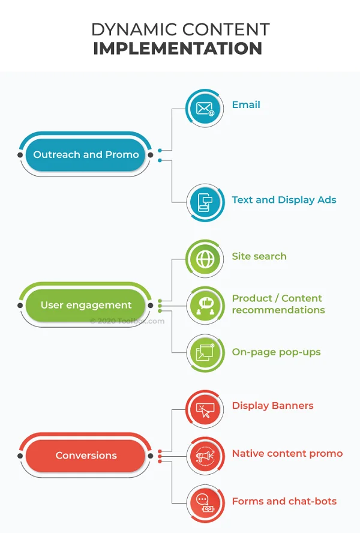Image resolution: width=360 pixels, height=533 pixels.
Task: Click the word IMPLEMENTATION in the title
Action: point(178,48)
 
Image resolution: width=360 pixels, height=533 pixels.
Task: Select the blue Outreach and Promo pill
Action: point(86,155)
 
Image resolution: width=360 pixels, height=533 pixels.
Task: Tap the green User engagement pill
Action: point(86,306)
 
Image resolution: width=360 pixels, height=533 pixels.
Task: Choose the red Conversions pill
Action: point(86,456)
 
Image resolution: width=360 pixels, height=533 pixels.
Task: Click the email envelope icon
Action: point(205,109)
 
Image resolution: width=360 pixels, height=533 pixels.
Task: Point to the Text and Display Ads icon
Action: point(205,202)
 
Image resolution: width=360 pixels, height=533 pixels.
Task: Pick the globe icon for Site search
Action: point(205,259)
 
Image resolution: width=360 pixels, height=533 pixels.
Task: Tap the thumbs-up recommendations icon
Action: point(205,306)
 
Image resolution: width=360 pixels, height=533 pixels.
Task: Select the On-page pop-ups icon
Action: point(205,353)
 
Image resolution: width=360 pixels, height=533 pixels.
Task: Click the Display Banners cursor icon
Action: point(205,409)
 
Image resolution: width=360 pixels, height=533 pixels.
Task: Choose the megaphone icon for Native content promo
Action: point(205,456)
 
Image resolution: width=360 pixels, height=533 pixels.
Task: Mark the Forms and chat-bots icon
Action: point(205,503)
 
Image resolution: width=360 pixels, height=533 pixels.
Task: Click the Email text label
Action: point(246,104)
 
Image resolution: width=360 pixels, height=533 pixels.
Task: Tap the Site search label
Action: point(259,256)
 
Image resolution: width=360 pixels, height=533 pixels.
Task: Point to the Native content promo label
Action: point(287,454)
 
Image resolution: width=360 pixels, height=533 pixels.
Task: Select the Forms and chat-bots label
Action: point(284,501)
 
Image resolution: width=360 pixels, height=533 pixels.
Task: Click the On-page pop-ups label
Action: point(277,352)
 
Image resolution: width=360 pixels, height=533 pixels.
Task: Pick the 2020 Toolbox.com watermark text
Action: point(127,321)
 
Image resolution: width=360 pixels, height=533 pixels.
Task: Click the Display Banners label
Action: point(272,406)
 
